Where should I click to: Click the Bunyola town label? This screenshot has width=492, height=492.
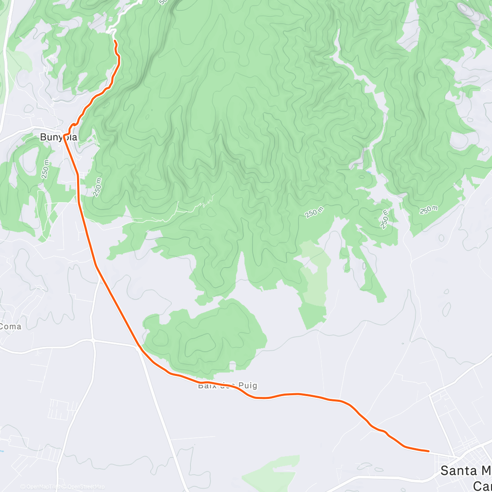[58, 137]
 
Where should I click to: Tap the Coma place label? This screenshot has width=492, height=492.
[11, 326]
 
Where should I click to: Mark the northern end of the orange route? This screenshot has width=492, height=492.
[115, 41]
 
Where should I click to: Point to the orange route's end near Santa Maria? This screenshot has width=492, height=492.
[428, 451]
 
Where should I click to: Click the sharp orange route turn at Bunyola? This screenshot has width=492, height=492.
[65, 134]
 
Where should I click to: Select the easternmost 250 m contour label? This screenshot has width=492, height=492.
[428, 210]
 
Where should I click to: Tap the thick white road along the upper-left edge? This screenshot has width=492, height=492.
[6, 61]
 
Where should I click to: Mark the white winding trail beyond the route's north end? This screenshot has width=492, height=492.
[123, 16]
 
